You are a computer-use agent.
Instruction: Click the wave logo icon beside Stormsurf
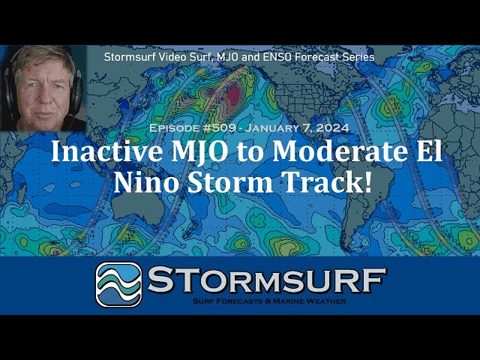[x=118, y=285]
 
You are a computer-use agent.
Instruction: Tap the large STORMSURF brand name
[x=267, y=279]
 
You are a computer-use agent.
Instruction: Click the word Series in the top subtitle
[x=358, y=57]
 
